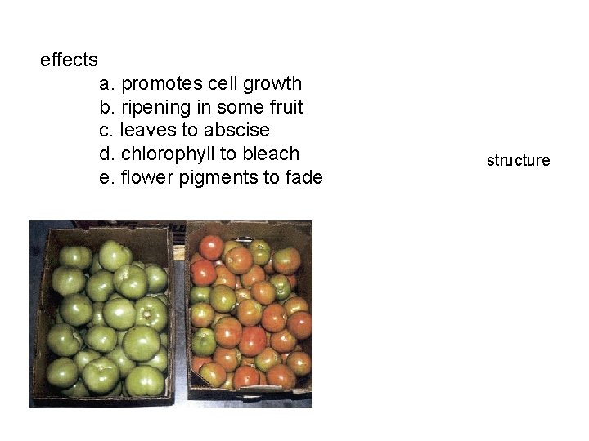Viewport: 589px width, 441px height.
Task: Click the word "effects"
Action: coord(69,60)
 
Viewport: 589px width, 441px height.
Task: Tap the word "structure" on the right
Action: coord(519,160)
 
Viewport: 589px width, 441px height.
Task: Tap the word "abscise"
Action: coord(236,131)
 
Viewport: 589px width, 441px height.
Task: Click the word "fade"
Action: coord(304,177)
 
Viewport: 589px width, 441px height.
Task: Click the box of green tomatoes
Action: coord(102,314)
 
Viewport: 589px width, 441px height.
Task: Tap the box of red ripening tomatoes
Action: coord(250,314)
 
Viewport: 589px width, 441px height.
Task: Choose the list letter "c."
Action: coord(106,131)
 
